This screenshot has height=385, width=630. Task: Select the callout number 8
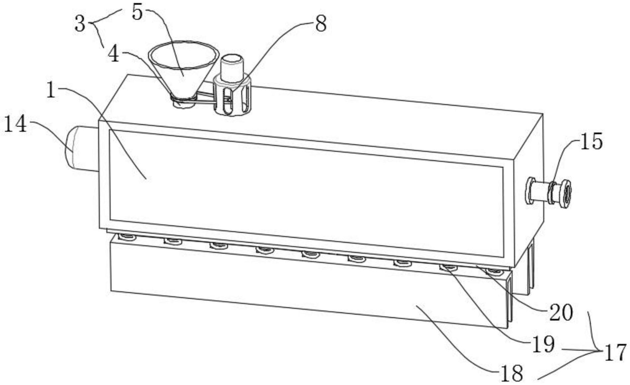321,24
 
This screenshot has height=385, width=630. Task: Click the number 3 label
80,24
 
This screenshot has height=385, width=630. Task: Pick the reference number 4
114,54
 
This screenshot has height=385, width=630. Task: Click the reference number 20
561,312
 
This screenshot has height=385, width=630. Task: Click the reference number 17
615,353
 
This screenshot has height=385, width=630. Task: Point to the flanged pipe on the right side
548,193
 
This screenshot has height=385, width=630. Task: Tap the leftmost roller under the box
128,237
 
